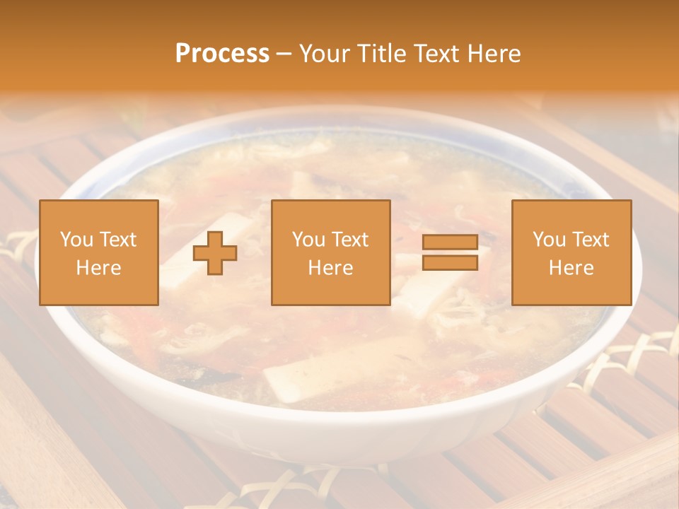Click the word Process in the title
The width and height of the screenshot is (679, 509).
point(222,53)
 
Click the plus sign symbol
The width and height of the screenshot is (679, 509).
point(215,253)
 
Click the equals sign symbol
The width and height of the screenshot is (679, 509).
point(450,252)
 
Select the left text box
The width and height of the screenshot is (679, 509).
point(99,252)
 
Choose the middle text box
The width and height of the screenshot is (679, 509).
point(331,252)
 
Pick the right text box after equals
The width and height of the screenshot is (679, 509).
point(571,252)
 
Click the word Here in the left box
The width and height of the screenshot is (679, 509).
point(99,267)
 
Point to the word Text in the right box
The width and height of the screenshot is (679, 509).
point(591,240)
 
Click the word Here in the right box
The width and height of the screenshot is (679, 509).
point(571,267)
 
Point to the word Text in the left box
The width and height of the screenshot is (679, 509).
point(118,240)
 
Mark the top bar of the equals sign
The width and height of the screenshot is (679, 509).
point(450,243)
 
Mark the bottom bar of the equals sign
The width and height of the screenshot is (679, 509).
point(450,262)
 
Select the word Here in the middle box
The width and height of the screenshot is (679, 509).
point(331,267)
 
